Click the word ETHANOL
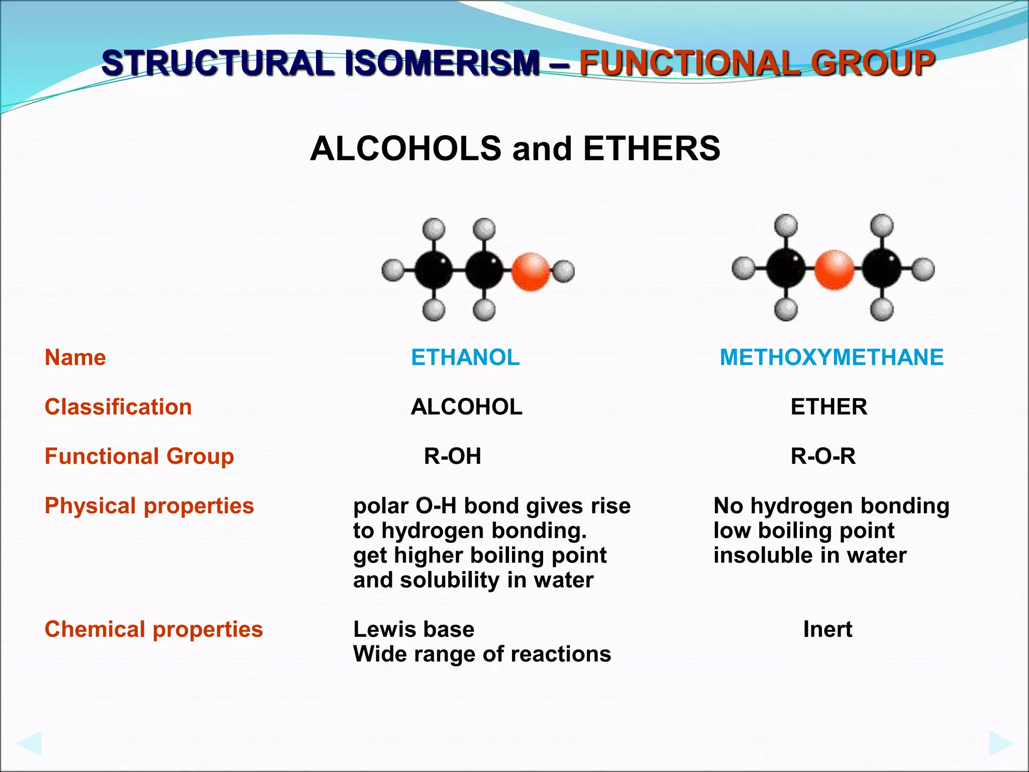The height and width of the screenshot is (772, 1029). (x=465, y=357)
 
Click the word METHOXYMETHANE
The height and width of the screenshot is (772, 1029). (x=832, y=357)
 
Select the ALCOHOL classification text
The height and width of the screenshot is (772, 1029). (x=466, y=407)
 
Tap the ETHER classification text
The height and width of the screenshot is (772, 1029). (x=829, y=407)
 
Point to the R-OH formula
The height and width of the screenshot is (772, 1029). (x=452, y=456)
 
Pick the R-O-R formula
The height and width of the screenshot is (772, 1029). (x=823, y=456)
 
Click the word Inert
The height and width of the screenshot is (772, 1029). (x=828, y=629)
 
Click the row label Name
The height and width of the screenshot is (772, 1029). (x=75, y=357)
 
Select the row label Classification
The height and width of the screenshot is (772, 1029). (x=118, y=407)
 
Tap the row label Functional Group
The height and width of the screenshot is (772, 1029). (x=139, y=456)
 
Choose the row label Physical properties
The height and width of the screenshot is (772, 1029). (x=149, y=506)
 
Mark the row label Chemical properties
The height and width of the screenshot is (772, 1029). (x=154, y=629)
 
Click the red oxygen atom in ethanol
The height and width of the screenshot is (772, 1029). (x=531, y=271)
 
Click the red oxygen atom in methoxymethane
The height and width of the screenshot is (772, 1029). (x=834, y=270)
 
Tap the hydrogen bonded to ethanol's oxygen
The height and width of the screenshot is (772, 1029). (x=564, y=271)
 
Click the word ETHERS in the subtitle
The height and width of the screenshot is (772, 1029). (x=652, y=149)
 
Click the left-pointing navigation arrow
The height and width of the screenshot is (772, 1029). (x=29, y=743)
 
